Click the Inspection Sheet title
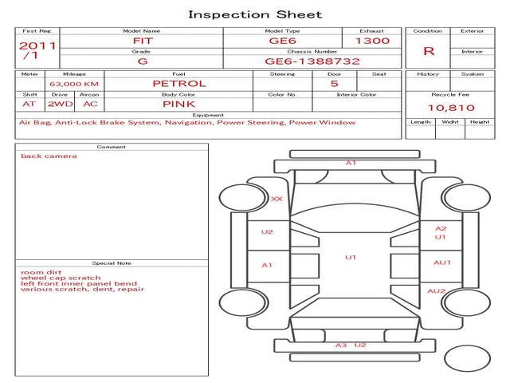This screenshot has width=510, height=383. tap(255, 14)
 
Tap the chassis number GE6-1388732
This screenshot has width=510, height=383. tap(312, 61)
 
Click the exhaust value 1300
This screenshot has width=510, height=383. tap(372, 41)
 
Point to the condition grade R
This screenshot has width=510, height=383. tap(429, 51)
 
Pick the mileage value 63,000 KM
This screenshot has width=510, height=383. tap(74, 84)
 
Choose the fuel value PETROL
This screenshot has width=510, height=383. tap(179, 83)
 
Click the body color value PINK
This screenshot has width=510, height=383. tap(179, 104)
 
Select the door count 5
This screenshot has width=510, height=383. tap(334, 83)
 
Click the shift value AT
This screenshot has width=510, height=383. tap(29, 104)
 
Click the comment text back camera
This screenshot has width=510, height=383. tap(49, 156)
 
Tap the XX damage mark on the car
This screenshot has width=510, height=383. tap(277, 199)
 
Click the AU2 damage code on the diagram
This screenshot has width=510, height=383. tap(436, 291)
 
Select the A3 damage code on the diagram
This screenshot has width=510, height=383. tap(340, 345)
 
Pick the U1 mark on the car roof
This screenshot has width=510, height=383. tap(351, 257)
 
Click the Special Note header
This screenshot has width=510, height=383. tap(111, 263)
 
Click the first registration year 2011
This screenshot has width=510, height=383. tap(37, 45)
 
